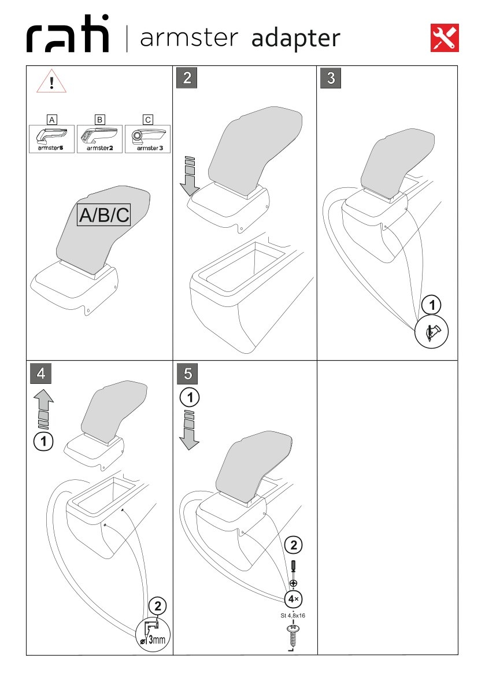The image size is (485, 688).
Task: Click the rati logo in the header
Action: [x=67, y=34]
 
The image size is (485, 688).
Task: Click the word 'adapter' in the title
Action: [x=295, y=39]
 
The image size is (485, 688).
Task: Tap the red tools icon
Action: [x=444, y=38]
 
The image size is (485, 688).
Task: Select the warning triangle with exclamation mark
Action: [x=51, y=81]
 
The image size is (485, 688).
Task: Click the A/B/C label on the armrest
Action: [x=104, y=215]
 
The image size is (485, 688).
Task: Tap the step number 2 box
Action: [x=187, y=77]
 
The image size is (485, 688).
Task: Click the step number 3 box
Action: [x=331, y=77]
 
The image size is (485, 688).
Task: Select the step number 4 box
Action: [x=41, y=373]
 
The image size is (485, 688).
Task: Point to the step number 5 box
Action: [x=187, y=373]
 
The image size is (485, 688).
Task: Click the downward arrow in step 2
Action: [x=190, y=176]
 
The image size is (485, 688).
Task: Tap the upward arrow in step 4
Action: [x=43, y=409]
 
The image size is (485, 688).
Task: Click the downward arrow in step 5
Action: [x=190, y=430]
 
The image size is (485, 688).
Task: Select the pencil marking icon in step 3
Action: [x=431, y=332]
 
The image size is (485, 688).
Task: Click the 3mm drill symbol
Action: [x=152, y=635]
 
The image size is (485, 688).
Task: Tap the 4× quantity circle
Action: [x=293, y=599]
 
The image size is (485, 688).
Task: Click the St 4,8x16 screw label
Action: [x=293, y=616]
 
